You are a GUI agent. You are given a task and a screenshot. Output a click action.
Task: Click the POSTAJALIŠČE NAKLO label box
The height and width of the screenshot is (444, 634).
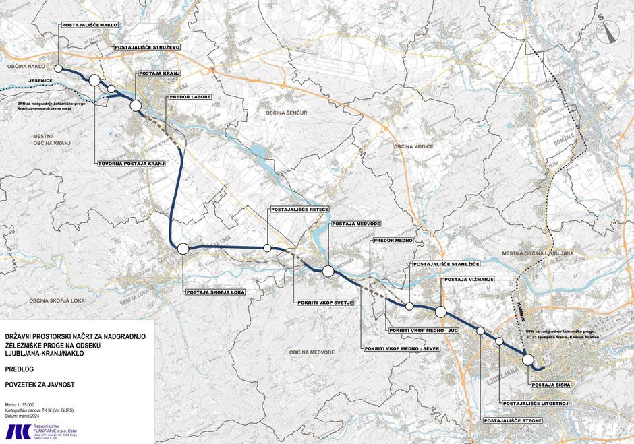coord(90,25)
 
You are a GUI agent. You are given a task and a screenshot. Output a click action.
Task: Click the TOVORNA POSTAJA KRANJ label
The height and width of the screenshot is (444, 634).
coord(132,163)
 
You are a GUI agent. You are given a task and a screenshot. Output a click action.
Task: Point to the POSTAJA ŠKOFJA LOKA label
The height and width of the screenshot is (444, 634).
coord(215,292)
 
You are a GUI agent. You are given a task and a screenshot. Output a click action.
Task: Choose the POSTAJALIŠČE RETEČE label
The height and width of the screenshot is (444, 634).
coord(299,210)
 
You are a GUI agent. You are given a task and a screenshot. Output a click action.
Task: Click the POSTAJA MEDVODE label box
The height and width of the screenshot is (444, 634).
coord(354,223)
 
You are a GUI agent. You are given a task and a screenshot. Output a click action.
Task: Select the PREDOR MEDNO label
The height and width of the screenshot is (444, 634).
coord(393,240)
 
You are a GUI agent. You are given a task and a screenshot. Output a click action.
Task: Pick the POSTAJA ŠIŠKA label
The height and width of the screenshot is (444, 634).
coord(551,385)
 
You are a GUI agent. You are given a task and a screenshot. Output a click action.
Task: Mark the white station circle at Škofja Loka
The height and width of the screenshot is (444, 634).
coord(182,249)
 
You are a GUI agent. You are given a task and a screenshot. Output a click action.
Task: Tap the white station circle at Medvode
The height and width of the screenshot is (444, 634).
coord(328,272)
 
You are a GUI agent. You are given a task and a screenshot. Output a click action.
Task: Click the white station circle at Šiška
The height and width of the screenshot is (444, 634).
coord(528,359)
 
